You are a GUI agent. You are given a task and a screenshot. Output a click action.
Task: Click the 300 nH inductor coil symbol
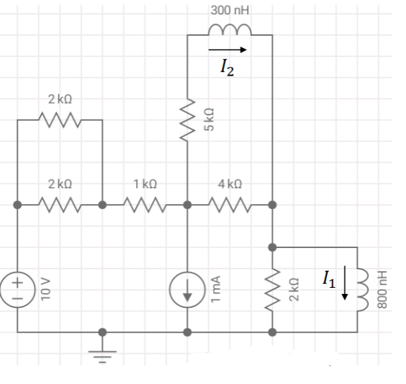pos(230,30)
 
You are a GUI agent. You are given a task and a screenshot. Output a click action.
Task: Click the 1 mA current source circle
pos(188,289)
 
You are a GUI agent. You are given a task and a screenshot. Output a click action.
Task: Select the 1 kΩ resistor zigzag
pos(145,204)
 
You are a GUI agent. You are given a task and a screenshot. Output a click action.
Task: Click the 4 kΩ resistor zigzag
pos(229,204)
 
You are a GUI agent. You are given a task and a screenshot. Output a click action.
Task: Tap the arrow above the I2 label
pos(227,49)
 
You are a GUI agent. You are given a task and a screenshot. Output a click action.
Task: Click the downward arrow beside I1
pos(346,283)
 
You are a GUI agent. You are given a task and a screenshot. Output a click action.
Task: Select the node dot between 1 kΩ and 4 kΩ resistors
pos(188,204)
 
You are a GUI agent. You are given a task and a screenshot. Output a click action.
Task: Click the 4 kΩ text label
pos(229,185)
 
